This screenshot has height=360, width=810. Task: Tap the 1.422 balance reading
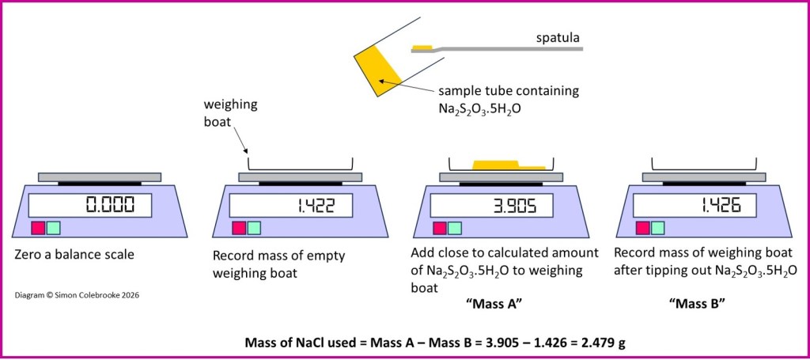[x=316, y=207]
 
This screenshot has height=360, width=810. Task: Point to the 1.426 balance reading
[x=720, y=207]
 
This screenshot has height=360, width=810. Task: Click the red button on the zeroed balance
[x=37, y=228]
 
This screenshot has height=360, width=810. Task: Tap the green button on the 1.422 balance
[x=254, y=228]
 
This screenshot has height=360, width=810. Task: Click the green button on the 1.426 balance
[x=657, y=228]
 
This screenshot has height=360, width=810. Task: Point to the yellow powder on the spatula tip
[x=421, y=47]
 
